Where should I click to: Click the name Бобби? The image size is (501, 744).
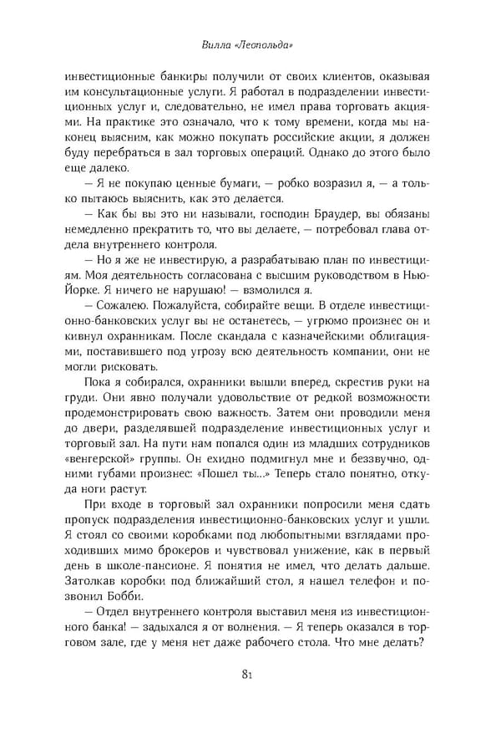click(126, 594)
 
